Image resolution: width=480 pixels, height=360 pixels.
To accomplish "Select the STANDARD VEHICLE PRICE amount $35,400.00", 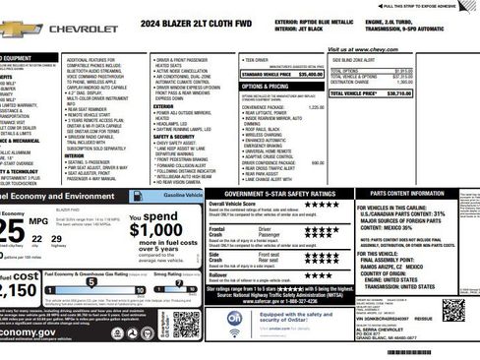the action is (310, 74).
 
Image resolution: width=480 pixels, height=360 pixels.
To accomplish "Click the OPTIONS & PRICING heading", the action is (265, 86).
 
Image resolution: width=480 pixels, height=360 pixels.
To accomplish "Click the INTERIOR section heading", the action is (75, 154).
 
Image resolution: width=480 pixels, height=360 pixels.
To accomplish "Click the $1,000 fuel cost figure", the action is (156, 229).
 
